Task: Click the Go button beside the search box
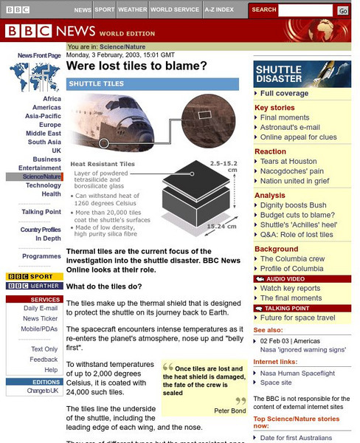click(x=343, y=10)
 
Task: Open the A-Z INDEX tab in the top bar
click(x=219, y=10)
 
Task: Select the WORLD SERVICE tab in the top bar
click(x=176, y=10)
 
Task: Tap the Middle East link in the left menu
click(x=44, y=134)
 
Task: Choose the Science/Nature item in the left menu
click(x=42, y=177)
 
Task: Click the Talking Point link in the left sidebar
click(x=41, y=212)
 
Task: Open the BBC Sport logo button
click(x=35, y=277)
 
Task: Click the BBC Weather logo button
click(x=35, y=286)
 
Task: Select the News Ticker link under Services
click(x=41, y=318)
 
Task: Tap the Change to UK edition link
click(x=42, y=390)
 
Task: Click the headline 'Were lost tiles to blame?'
click(x=136, y=66)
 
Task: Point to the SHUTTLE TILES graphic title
click(x=96, y=84)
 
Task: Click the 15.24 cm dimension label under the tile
click(x=221, y=227)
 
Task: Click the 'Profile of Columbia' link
click(x=291, y=269)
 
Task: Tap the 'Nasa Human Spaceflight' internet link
click(x=297, y=374)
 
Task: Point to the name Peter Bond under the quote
click(x=229, y=410)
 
